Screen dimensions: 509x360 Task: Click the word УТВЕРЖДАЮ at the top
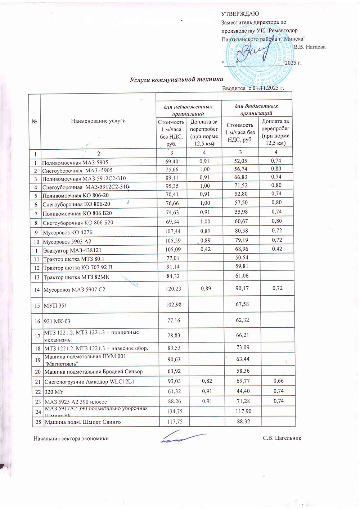pos(240,14)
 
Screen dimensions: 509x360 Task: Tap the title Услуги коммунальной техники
pos(176,79)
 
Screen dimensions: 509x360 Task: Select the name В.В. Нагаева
pos(310,47)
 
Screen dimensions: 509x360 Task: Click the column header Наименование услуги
pos(98,121)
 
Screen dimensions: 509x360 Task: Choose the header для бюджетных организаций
pos(256,109)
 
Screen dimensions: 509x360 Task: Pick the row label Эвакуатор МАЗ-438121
pos(72,250)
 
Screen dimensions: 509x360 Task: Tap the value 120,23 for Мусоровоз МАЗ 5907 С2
pos(173,288)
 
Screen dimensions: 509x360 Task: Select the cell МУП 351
pos(55,305)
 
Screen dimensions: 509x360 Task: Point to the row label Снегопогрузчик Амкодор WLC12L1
pos(89,382)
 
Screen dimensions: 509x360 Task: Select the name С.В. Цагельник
pos(282,438)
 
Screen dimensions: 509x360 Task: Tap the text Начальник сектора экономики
pos(71,438)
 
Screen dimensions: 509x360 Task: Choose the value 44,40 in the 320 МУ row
pos(243,391)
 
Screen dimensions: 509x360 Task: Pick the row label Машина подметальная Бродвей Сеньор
pos(93,371)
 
